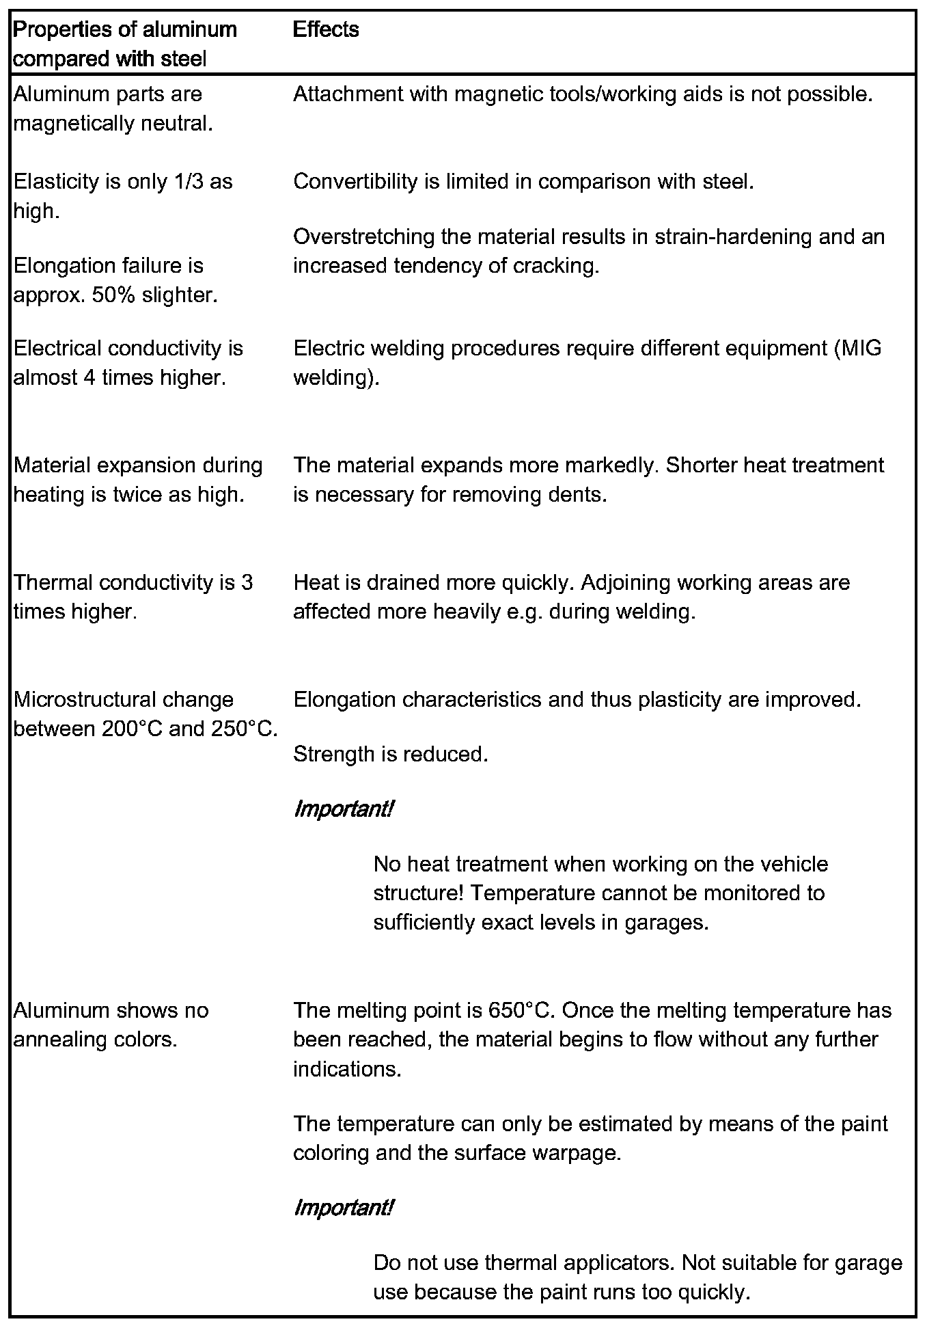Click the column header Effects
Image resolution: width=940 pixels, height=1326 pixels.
[326, 29]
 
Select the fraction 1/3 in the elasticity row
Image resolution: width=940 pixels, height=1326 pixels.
[186, 182]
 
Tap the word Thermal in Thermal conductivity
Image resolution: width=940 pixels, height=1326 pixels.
[53, 582]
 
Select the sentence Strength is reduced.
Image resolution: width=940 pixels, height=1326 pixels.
[390, 755]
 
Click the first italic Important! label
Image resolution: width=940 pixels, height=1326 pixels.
[343, 810]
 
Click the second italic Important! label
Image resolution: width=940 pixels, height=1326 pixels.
[343, 1208]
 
